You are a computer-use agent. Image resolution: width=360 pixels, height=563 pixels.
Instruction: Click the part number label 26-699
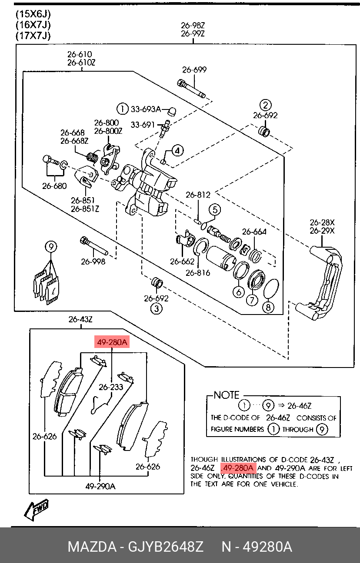pos(194,70)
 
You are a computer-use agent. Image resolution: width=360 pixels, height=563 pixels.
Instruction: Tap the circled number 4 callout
pos(177,151)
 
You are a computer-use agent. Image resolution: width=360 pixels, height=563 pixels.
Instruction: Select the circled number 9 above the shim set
pos(51,247)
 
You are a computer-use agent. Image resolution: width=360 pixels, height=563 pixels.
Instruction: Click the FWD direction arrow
pos(37,510)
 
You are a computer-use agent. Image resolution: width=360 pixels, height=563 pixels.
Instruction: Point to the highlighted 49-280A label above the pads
pos(112,343)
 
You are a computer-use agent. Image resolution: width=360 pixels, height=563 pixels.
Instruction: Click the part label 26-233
pos(110,387)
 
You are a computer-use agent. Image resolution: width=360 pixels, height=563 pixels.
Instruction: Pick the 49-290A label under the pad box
pos(100,487)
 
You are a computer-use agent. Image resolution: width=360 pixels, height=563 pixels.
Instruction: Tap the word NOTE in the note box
pos(227,395)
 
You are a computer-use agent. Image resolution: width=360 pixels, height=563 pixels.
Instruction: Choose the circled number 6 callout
pos(238,292)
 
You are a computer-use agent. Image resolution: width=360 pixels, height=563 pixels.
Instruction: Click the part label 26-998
pos(93,262)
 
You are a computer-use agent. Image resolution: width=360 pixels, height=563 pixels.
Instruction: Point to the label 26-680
pos(54,186)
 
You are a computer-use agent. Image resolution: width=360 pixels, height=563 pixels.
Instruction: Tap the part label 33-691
pos(143,125)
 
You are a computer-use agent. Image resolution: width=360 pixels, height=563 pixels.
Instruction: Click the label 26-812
pos(198,195)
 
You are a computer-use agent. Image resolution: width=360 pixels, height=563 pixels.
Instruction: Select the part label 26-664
pos(254,232)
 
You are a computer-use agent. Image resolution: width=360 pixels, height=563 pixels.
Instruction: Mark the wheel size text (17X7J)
pos(33,36)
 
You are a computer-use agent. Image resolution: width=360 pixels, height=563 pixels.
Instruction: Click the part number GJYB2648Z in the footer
pos(165,546)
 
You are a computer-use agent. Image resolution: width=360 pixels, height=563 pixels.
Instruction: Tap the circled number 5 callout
pos(214,210)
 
